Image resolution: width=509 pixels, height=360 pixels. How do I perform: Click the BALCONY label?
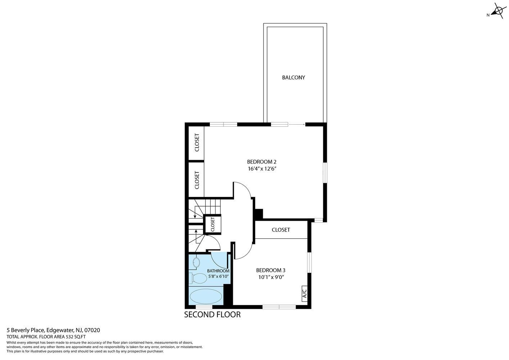[293, 77]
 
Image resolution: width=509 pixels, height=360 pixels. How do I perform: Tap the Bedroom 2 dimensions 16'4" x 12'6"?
[262, 168]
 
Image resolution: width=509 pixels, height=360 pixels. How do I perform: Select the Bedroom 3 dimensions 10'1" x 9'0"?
[271, 277]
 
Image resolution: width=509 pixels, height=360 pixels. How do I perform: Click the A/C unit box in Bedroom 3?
[305, 294]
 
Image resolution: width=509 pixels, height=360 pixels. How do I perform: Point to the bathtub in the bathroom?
[206, 296]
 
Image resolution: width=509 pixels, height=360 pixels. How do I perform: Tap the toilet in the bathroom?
[197, 278]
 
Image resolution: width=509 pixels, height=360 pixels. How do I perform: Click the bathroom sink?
[196, 262]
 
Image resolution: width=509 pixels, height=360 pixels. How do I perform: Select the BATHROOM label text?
[218, 271]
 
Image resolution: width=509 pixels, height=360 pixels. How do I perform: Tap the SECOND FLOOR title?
[212, 315]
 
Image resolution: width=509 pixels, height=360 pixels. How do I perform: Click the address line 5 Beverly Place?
[53, 330]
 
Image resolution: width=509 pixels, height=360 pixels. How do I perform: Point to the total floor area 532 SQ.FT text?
[46, 337]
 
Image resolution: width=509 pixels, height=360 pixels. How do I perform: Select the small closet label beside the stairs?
[213, 224]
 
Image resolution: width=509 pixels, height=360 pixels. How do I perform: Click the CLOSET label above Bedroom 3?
[281, 230]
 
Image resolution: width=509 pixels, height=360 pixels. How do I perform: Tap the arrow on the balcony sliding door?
[297, 124]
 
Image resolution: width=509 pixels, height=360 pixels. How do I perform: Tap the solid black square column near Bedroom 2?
[259, 214]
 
